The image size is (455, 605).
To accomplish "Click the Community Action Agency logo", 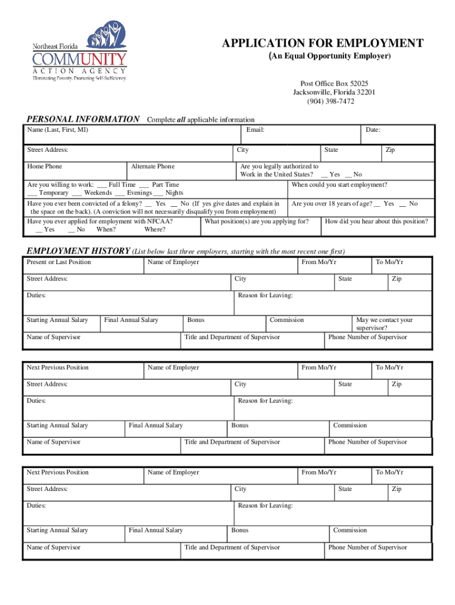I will (x=79, y=53).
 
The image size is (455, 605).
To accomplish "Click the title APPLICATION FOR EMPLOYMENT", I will (x=322, y=43).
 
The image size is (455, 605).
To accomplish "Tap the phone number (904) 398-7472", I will (x=330, y=101).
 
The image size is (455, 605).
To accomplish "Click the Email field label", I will (x=255, y=130).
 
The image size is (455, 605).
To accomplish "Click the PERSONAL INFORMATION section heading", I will (x=82, y=119).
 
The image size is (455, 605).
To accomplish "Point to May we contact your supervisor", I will (x=384, y=324).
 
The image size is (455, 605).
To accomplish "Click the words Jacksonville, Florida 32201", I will (x=334, y=92).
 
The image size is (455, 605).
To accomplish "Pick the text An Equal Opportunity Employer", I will (x=330, y=56).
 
